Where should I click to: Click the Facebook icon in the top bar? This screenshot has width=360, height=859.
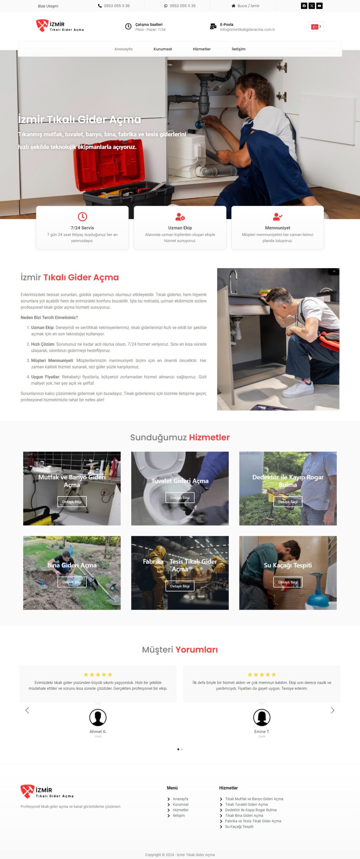[x=304, y=6]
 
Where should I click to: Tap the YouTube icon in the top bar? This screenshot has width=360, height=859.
[x=319, y=6]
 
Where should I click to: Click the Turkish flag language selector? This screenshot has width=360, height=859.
[x=316, y=27]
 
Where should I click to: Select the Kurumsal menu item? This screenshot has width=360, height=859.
[x=163, y=49]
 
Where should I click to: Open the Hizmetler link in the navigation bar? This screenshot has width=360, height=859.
[x=202, y=49]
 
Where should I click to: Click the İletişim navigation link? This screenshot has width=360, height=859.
[x=239, y=49]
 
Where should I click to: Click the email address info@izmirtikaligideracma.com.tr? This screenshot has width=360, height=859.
[x=247, y=30]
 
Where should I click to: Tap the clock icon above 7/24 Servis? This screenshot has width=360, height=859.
[x=82, y=216]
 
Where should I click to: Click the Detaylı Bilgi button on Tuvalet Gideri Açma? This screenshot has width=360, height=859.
[x=180, y=498]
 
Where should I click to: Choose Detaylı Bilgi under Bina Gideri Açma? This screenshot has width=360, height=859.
[x=72, y=582]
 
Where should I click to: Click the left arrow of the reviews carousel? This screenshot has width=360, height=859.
[x=27, y=710]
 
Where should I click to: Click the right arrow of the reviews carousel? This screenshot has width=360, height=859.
[x=332, y=710]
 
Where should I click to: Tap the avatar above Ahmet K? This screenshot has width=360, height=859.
[x=98, y=717]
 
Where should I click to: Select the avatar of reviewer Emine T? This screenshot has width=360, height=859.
[x=262, y=717]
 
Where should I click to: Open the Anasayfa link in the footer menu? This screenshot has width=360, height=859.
[x=181, y=799]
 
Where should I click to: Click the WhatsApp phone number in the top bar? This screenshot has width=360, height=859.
[x=183, y=6]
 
